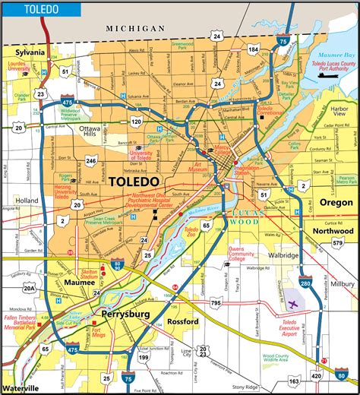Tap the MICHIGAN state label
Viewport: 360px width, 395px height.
coord(137,28)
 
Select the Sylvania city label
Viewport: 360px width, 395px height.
coord(26,53)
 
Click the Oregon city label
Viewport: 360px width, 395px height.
coord(336,203)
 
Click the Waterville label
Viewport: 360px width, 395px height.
coord(21,388)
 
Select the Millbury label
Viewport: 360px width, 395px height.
coord(342,283)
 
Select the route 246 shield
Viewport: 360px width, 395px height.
coord(91,160)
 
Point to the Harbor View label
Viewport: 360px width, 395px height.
coord(338,109)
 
